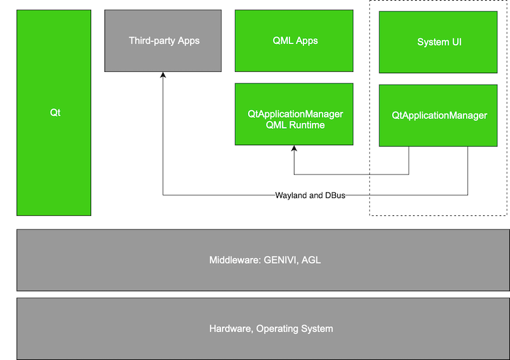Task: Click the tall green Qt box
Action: pos(54,113)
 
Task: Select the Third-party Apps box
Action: pos(163,40)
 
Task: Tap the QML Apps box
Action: pos(294,40)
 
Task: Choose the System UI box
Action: pos(439,42)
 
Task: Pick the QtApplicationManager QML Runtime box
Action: pos(294,115)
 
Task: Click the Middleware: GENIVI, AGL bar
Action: pos(263,260)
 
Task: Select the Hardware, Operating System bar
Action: pos(263,329)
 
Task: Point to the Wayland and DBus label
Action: pos(310,195)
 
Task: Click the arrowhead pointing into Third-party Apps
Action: pos(163,75)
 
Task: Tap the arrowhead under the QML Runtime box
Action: pos(294,149)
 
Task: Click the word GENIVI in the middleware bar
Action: pos(279,260)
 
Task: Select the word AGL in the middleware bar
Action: pos(310,260)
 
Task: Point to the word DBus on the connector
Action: pos(334,195)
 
